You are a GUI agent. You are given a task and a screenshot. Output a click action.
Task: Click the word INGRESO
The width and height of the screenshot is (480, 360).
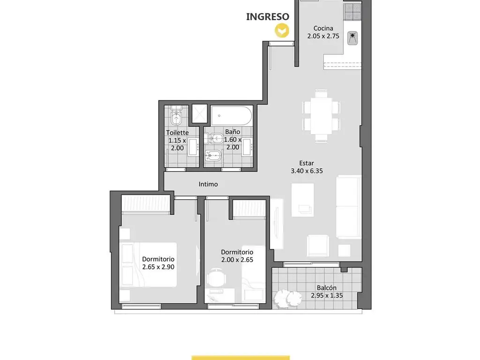point(268,16)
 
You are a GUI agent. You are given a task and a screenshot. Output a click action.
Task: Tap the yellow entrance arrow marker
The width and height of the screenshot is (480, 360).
point(282,31)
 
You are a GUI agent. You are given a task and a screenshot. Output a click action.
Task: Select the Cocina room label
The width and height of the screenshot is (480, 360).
point(323,28)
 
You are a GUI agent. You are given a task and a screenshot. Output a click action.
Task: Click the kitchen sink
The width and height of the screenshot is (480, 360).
point(352,38)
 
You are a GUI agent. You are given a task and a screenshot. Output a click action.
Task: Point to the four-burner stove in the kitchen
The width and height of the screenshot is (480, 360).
point(352,12)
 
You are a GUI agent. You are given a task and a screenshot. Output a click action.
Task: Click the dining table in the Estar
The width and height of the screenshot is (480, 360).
point(321,116)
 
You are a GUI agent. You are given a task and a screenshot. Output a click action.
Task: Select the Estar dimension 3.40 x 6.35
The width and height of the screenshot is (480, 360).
point(307,171)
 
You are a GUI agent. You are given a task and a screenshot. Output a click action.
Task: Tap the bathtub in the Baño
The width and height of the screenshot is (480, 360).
point(232,116)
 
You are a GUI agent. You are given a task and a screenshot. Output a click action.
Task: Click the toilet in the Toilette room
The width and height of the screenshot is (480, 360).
point(177,115)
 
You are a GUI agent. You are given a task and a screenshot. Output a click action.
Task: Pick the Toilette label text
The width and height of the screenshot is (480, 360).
point(177,133)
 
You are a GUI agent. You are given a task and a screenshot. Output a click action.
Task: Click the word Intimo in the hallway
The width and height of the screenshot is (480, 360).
point(208,184)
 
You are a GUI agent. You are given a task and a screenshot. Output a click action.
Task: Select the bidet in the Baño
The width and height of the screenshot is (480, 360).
point(212,157)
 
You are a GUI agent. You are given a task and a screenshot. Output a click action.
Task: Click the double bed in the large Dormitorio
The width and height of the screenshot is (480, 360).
point(149,265)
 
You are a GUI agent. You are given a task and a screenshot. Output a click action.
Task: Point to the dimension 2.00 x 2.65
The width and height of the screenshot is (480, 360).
point(237,260)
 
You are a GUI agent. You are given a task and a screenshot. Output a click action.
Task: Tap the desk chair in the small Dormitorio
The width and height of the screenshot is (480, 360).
point(217,277)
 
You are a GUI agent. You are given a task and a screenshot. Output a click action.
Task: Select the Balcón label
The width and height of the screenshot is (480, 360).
point(327,288)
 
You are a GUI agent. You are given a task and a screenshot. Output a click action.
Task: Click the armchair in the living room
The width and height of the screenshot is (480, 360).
point(318,245)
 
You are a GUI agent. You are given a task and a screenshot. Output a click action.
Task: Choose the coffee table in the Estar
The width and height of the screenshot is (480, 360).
point(302,200)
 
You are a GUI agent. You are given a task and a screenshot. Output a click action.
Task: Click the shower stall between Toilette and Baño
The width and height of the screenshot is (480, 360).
point(200,113)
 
